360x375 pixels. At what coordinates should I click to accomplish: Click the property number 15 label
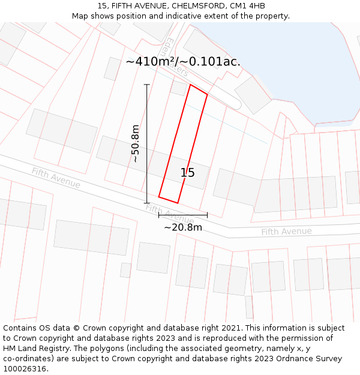coord(187,173)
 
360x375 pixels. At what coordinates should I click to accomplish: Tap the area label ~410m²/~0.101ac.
coord(183,62)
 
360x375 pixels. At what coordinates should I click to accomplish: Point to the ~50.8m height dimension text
coord(136,143)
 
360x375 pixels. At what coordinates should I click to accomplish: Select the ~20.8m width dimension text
coord(183,227)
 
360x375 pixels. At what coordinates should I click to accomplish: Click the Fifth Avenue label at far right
coord(286,232)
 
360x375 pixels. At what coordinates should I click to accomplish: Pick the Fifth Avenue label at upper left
coord(56,178)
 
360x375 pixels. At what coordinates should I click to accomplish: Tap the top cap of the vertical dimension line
coord(147,85)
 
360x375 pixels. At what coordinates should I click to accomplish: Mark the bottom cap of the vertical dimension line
coord(147,203)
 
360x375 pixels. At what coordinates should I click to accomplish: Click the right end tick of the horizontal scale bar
coord(207,215)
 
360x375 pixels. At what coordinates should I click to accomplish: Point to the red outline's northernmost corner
coord(190,85)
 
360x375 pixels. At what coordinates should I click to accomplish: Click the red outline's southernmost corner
coord(178,203)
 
